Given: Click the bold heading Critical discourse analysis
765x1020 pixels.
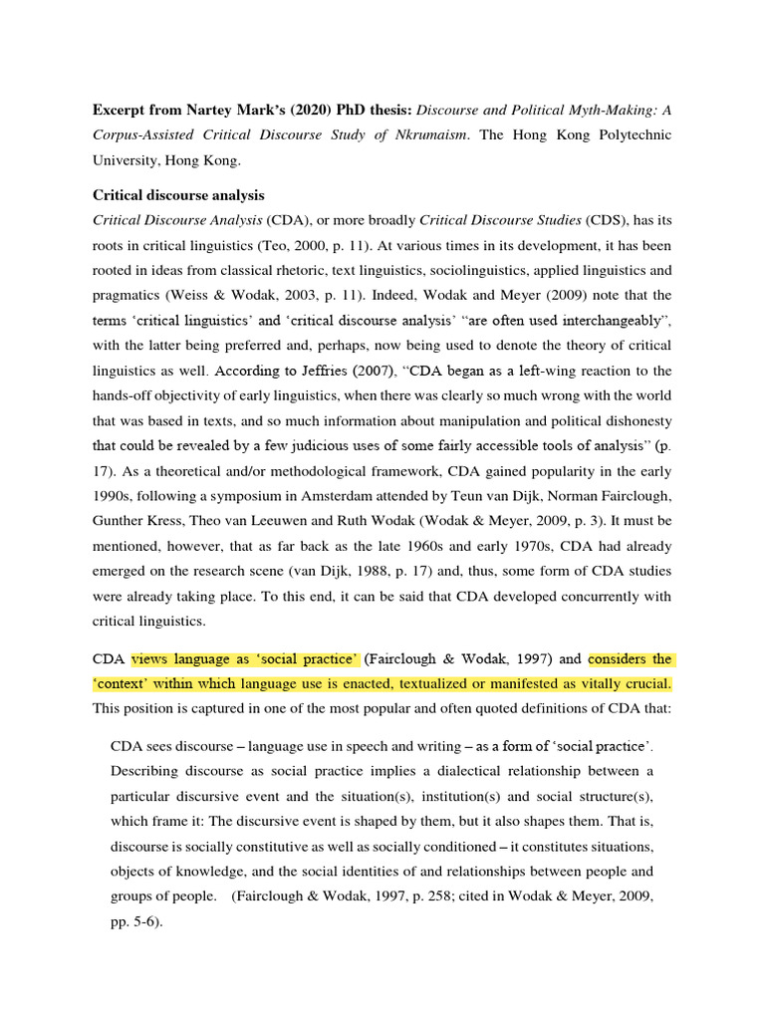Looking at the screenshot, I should pos(178,194).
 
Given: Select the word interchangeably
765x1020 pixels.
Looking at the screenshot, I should pos(607,322).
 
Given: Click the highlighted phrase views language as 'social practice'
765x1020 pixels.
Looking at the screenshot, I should pos(245,658).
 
